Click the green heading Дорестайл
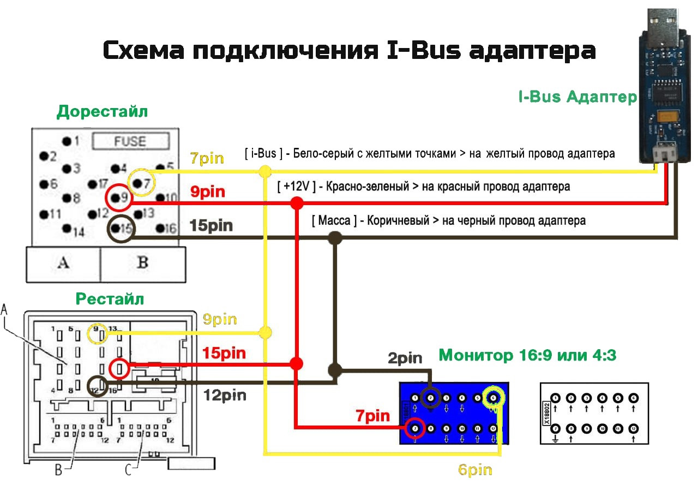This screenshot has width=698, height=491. click(x=102, y=112)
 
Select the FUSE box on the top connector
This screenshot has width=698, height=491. click(x=130, y=142)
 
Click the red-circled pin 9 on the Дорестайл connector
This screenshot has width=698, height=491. click(x=118, y=199)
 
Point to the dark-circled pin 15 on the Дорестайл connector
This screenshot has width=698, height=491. click(x=121, y=229)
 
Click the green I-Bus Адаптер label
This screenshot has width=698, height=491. click(x=577, y=97)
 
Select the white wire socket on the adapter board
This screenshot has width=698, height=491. click(x=665, y=155)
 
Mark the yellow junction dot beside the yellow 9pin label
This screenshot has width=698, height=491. click(x=265, y=332)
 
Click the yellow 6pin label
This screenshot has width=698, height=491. click(x=475, y=470)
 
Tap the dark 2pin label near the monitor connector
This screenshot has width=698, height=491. click(x=405, y=358)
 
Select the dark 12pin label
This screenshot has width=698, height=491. click(x=225, y=395)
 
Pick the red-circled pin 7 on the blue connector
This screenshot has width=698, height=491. click(x=416, y=429)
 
